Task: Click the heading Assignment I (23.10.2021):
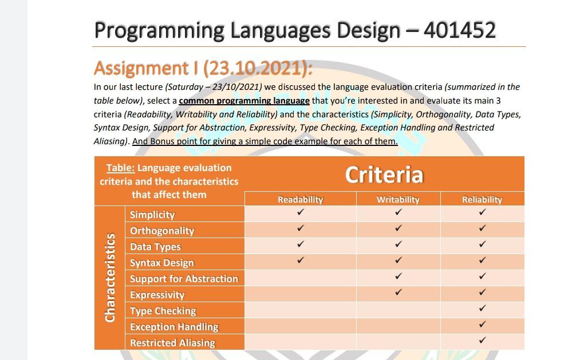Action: [x=203, y=68]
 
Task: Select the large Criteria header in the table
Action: [x=384, y=175]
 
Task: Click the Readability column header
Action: [x=300, y=200]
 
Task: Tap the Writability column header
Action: [x=398, y=200]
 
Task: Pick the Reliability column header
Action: [x=482, y=200]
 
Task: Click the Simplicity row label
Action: [x=152, y=215]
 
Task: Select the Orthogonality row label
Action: [x=162, y=231]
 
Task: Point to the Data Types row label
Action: [x=155, y=247]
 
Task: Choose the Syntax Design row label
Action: [x=162, y=263]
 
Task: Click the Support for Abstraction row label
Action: [x=184, y=279]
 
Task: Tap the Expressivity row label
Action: [x=157, y=295]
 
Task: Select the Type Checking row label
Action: [x=163, y=311]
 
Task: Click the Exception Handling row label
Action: [x=174, y=327]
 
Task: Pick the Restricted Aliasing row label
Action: [x=172, y=343]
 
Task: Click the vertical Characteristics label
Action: [x=110, y=278]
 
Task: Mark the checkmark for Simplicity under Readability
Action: [x=301, y=212]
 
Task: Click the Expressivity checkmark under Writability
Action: [x=398, y=292]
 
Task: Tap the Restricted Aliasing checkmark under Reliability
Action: [x=482, y=341]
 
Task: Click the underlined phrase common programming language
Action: [x=244, y=101]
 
